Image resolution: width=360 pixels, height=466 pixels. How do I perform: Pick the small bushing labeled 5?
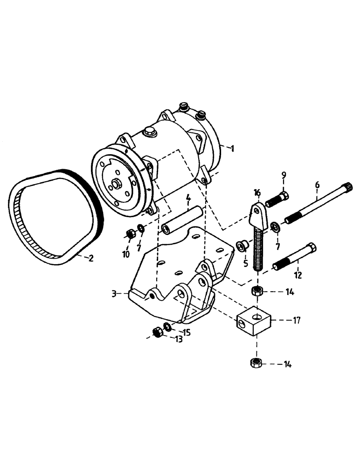[242, 246]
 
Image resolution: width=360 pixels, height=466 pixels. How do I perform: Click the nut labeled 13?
[157, 332]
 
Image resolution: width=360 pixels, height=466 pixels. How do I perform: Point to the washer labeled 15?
[167, 326]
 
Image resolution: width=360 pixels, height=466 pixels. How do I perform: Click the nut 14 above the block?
[256, 292]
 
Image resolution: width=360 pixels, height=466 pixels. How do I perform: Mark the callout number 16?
[257, 192]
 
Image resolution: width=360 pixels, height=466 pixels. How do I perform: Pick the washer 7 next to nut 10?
[139, 229]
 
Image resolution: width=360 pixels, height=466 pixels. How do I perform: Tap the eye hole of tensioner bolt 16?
[256, 212]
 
